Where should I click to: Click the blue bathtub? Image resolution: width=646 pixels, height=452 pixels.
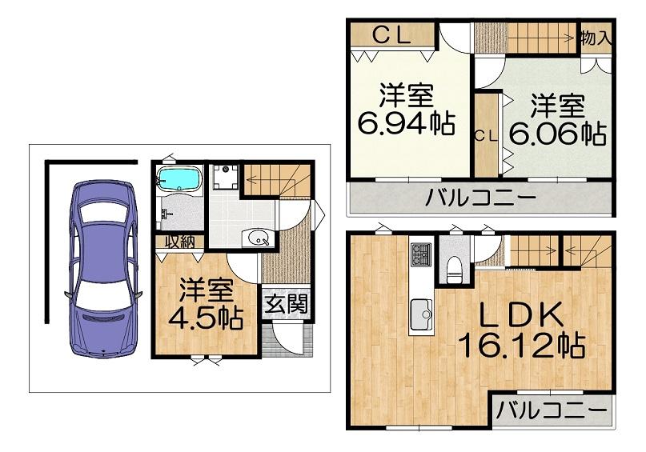[x=179, y=178]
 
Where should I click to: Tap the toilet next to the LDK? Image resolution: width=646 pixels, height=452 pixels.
[x=455, y=269]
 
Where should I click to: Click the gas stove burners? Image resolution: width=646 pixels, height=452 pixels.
[x=421, y=254]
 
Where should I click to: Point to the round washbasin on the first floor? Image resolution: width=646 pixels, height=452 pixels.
[x=258, y=238]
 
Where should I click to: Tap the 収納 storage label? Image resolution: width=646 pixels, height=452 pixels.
[x=179, y=242]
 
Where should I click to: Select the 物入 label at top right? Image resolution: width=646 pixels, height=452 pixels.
[x=596, y=38]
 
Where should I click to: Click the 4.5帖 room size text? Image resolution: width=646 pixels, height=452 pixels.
[x=206, y=317]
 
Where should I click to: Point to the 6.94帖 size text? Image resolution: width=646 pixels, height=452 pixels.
[x=406, y=123]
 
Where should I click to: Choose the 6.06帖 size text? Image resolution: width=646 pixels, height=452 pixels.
[x=558, y=133]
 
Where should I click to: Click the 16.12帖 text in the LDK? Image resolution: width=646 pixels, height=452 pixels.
[x=522, y=345]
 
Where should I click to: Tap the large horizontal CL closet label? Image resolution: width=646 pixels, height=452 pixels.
[x=391, y=36]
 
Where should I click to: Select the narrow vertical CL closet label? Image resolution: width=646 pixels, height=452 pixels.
[x=486, y=137]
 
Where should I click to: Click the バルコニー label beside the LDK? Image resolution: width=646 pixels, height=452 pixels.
[x=552, y=410]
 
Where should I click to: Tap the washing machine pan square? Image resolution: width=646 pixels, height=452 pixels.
[x=226, y=177]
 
